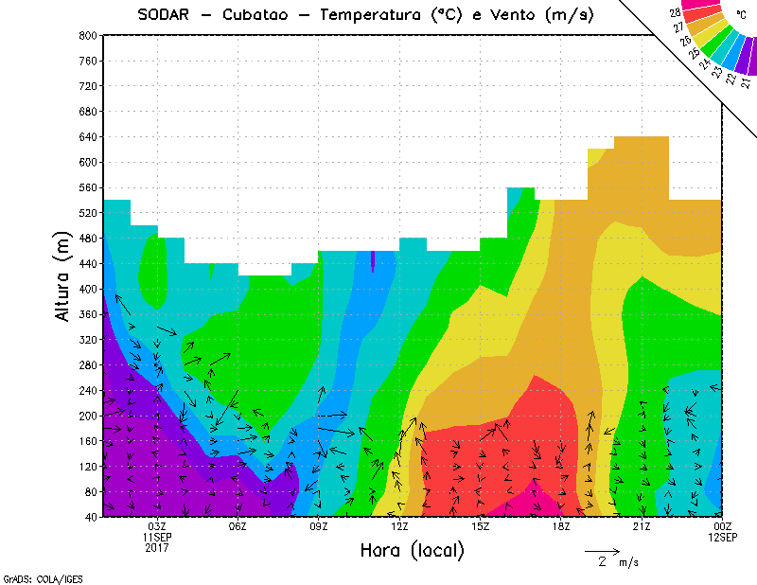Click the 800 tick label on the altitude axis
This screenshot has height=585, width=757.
point(87,35)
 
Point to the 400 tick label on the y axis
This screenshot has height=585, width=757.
point(87,289)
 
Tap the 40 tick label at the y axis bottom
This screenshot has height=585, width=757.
point(90,517)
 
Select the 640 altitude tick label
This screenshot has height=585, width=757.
point(87,136)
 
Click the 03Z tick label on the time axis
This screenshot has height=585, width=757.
point(157,526)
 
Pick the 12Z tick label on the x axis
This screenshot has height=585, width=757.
point(399,526)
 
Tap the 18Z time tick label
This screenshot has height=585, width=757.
point(561,526)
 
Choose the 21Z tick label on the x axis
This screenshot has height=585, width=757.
point(642,526)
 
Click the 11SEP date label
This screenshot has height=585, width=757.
point(157,537)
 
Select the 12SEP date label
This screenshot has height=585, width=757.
point(722,537)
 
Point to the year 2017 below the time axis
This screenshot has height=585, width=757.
point(157,547)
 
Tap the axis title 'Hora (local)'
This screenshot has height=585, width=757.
point(412,550)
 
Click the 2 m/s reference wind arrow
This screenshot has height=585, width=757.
point(602,550)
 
